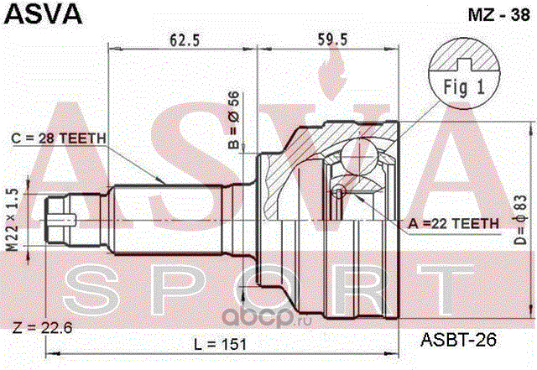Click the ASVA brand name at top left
(44, 13)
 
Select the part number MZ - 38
(498, 15)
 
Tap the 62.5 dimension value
(185, 40)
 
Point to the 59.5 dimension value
(332, 39)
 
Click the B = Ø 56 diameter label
(234, 120)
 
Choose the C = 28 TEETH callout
(59, 138)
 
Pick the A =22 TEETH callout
(454, 224)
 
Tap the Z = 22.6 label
(43, 328)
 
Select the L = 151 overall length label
(220, 344)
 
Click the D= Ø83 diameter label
(520, 220)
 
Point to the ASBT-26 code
(458, 340)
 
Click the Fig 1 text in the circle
(464, 87)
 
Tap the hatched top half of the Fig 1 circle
(464, 55)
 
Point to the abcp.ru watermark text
(268, 319)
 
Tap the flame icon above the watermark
(331, 73)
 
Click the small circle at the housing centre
(339, 193)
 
